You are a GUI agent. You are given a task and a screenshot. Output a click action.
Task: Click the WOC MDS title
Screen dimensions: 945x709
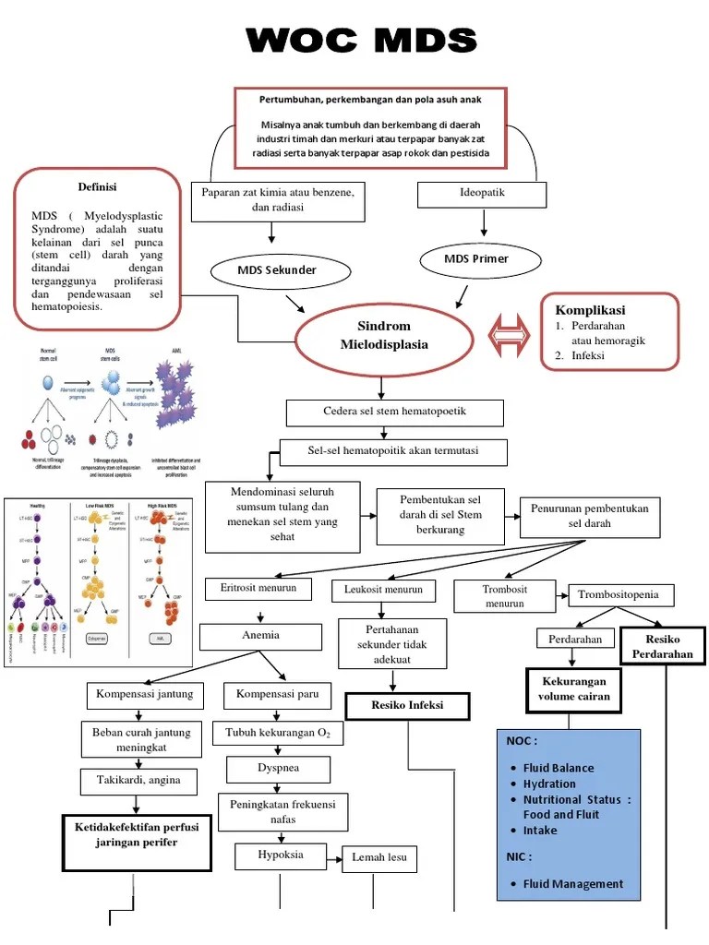[362, 42]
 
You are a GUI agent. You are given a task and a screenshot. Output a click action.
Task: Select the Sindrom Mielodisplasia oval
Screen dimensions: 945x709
[383, 336]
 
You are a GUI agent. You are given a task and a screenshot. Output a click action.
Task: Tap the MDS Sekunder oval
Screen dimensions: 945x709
[277, 270]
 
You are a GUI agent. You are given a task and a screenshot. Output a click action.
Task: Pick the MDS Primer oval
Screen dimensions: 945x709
[476, 258]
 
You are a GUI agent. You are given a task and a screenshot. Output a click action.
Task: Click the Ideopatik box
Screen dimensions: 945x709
[482, 194]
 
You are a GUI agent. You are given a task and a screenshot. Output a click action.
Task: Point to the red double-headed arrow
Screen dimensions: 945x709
[509, 335]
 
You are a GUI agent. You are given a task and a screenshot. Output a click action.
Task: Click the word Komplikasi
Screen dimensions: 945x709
[590, 310]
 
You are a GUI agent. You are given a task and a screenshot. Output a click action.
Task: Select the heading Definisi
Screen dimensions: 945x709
[97, 187]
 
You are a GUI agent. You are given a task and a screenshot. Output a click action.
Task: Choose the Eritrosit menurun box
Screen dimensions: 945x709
[258, 588]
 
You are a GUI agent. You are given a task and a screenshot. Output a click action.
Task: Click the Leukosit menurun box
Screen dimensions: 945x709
[383, 589]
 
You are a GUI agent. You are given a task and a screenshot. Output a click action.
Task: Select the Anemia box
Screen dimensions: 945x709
[260, 636]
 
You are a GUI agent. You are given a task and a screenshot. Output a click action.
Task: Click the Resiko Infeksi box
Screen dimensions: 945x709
[407, 706]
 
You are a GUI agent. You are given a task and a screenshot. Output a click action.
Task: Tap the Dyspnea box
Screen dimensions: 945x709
[278, 768]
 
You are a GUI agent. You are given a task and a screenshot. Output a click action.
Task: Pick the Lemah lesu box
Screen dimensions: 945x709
[379, 858]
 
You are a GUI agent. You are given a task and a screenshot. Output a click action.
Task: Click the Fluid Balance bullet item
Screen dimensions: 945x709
[559, 768]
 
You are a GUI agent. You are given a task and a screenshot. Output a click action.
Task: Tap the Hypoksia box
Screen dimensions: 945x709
[281, 855]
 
